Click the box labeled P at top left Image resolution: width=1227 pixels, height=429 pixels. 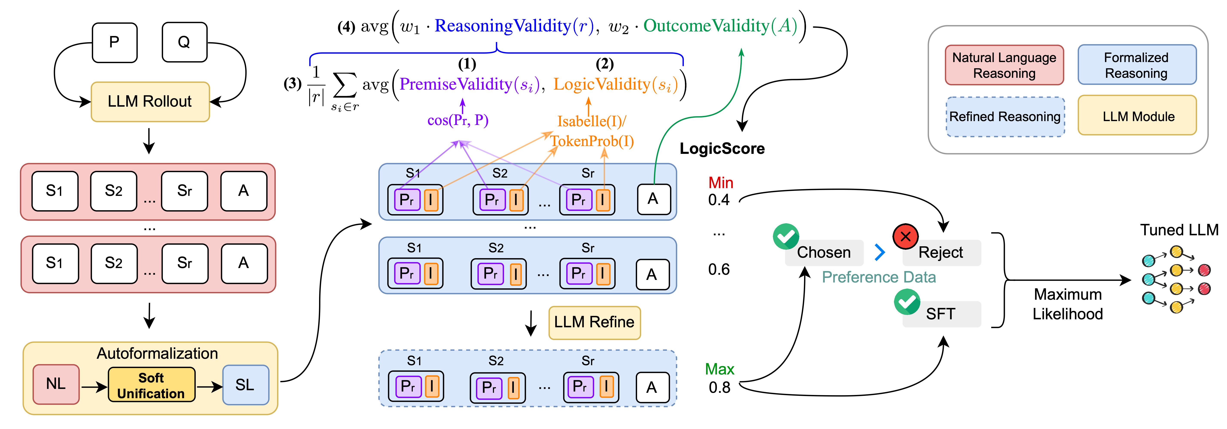click(x=114, y=42)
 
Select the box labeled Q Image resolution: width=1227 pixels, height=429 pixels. click(x=184, y=42)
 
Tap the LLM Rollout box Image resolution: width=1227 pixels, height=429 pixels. click(x=150, y=101)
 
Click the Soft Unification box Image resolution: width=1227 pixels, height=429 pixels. click(x=151, y=385)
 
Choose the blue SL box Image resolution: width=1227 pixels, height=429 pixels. click(x=245, y=385)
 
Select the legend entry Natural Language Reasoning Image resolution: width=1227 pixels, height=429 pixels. click(x=1004, y=65)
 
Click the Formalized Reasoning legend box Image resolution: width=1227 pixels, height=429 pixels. click(x=1137, y=65)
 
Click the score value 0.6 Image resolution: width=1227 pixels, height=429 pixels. click(x=719, y=270)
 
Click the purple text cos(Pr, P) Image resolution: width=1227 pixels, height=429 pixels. click(x=458, y=120)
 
